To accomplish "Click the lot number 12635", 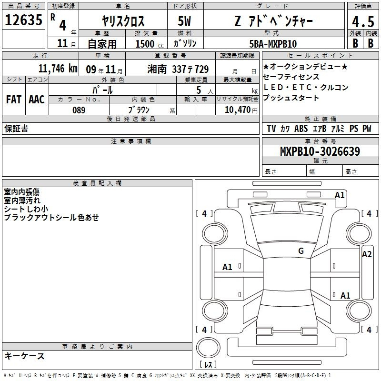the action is pos(23,20).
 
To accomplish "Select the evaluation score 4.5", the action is pos(363,21).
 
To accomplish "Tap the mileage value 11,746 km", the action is pos(58,69).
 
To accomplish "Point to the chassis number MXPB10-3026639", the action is pos(320,151).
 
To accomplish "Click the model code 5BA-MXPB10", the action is pos(273,44).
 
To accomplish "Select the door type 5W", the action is pos(184,21).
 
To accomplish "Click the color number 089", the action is pos(79,110).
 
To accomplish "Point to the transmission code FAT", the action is pos(14,100).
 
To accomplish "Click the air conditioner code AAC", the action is pos(37,100).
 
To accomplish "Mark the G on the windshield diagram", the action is pos(301,251).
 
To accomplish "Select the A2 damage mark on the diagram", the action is pos(367,254).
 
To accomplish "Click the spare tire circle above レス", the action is pos(208,348).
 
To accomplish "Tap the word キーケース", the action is pos(25,356).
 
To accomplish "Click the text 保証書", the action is pos(16,129).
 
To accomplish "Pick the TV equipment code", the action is pos(271,128).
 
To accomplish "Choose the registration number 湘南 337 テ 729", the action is pos(178,69).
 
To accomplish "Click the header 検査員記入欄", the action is pos(97,183).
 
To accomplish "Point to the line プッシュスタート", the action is pos(291,98).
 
